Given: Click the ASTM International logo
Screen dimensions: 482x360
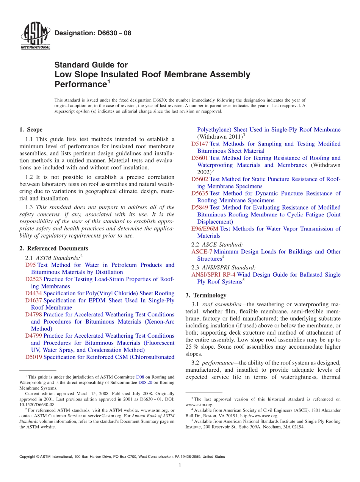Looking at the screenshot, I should pos(35,36).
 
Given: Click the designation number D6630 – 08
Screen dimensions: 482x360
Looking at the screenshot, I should pos(93,33).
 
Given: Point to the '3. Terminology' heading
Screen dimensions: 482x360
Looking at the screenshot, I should pos(206,295).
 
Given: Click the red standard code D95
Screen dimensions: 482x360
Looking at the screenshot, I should pos(30,265).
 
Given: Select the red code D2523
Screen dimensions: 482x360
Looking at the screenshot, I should pos(33,279).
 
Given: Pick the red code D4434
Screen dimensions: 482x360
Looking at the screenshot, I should pos(33,293).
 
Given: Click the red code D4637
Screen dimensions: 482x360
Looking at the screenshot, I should pos(33,300).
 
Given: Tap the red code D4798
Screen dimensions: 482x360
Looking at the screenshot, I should pos(33,315).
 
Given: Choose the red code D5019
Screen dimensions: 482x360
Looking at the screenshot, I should pos(33,357).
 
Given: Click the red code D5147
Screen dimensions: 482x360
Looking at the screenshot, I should pos(200,144).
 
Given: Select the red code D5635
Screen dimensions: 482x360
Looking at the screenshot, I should pos(200,193).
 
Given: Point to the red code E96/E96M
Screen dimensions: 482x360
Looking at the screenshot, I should pos(205,228).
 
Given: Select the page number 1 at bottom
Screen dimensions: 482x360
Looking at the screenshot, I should pos(180,466).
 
